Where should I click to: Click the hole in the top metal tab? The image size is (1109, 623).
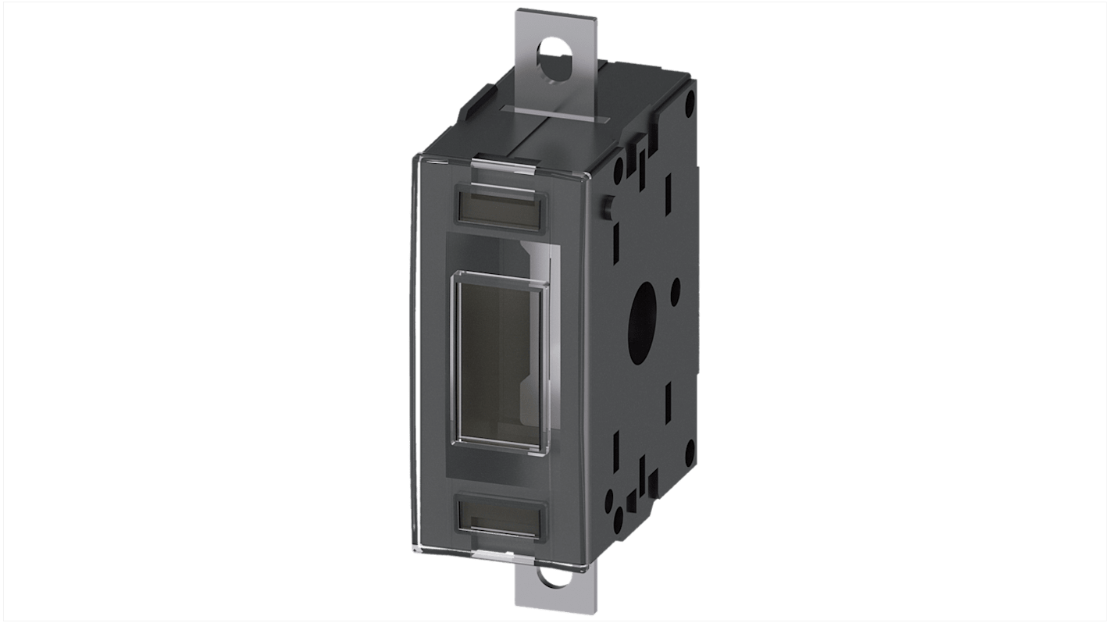coord(554,56)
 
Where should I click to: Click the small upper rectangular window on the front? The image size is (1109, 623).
coord(501,208)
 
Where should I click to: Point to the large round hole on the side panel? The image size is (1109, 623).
coord(644,309)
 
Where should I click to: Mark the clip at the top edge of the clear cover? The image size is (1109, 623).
coord(505,163)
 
